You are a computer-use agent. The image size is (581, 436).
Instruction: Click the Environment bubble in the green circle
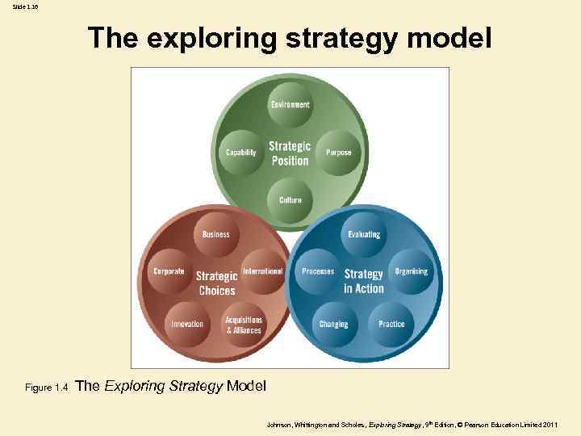click(290, 105)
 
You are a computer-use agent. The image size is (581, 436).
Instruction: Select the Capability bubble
click(241, 152)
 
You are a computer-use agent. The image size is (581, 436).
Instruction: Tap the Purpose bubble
click(338, 152)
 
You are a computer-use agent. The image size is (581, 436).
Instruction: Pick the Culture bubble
click(290, 199)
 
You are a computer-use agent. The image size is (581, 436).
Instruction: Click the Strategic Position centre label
click(290, 153)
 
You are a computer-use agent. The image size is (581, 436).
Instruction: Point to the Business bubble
click(215, 234)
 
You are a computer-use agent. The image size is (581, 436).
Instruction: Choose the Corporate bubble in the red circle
click(169, 272)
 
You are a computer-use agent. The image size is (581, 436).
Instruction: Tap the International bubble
click(262, 272)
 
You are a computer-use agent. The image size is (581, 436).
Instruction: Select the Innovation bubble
click(187, 324)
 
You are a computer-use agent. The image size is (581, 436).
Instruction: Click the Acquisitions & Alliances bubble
click(244, 325)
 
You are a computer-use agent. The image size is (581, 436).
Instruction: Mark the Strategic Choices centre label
click(216, 283)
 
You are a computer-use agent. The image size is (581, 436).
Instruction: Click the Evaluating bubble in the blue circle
click(364, 234)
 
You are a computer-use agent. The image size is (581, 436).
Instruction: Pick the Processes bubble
click(318, 272)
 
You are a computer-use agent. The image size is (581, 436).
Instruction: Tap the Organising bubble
click(411, 272)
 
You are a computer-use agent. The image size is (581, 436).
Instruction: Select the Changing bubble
click(333, 324)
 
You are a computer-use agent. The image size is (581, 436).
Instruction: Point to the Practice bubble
click(391, 324)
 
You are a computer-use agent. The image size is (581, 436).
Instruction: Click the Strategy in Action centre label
click(364, 281)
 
